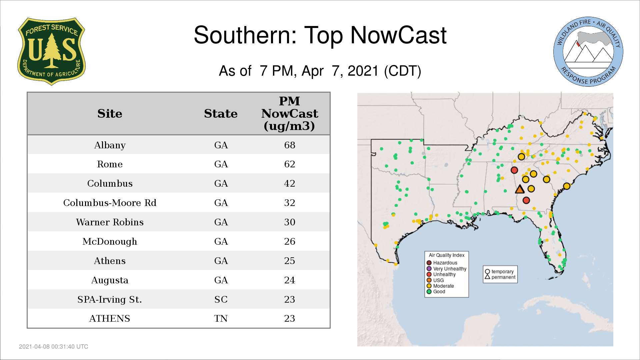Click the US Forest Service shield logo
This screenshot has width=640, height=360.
pos(51,52)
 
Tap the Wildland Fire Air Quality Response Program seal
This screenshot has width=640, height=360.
pos(588,52)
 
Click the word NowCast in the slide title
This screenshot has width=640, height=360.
pos(398,35)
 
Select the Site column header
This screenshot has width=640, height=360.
pos(110,114)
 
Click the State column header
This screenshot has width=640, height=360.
pos(221,114)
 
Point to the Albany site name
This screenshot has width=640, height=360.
pos(110,145)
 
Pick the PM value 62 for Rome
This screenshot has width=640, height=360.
pos(290,164)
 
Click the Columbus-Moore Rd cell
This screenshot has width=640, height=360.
pos(110,203)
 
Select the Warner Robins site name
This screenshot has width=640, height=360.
pos(110,222)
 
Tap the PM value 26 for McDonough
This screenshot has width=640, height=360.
pos(290,241)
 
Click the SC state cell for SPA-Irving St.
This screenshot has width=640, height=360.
pos(221,299)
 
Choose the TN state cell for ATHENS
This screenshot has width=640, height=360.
pos(221,318)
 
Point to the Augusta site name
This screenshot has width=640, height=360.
pos(110,280)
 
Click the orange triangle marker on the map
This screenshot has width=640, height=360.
pos(520,190)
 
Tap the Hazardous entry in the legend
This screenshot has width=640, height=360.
pos(443,263)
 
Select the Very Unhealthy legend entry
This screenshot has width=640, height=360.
pos(447,269)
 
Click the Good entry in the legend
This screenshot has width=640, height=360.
pos(436,292)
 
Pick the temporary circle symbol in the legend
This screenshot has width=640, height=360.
pos(487,271)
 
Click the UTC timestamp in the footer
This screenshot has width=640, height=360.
pos(54,347)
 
